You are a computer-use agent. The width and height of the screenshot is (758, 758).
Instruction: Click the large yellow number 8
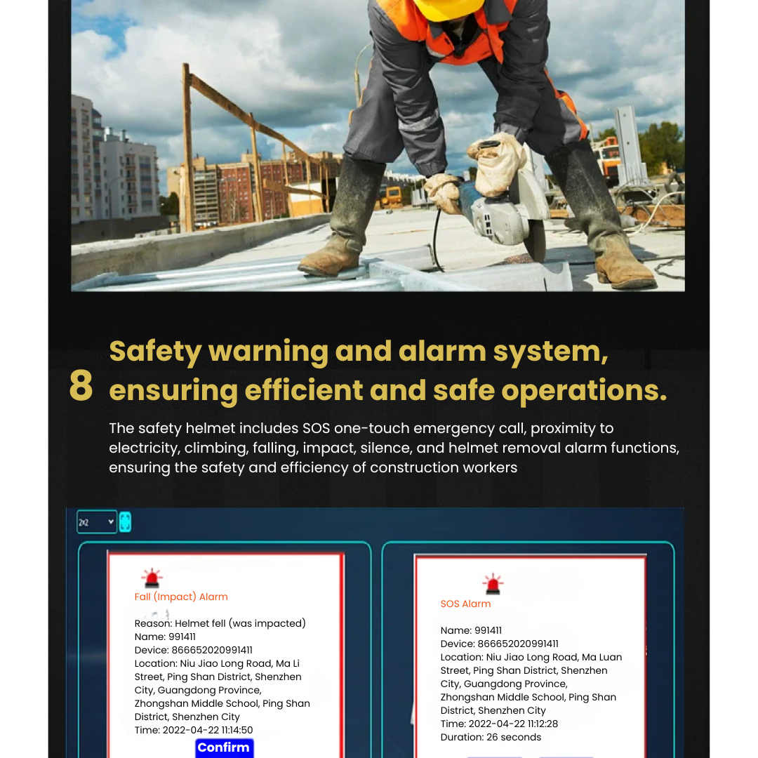(81, 386)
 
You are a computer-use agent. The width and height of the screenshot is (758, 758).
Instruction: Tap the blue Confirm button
(224, 748)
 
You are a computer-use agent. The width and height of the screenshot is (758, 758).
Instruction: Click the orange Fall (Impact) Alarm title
(181, 597)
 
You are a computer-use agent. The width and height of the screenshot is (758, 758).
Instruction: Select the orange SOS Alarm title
(465, 604)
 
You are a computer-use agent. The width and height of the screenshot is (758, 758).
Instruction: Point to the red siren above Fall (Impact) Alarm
(152, 578)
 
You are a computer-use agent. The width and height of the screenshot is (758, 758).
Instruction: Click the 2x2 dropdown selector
(97, 522)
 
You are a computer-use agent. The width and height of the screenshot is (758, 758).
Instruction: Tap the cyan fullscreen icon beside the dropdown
(125, 522)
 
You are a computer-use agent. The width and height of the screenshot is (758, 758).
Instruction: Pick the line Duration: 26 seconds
(491, 738)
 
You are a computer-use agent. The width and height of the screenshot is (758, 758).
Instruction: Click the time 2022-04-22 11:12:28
(499, 724)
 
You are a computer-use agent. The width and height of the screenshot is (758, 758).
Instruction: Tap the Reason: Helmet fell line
(220, 624)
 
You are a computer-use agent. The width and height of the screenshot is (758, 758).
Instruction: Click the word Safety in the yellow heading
(155, 351)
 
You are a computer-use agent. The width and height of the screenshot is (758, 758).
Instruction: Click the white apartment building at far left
(116, 168)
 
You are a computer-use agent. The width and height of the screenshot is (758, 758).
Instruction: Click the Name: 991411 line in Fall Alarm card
(165, 637)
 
